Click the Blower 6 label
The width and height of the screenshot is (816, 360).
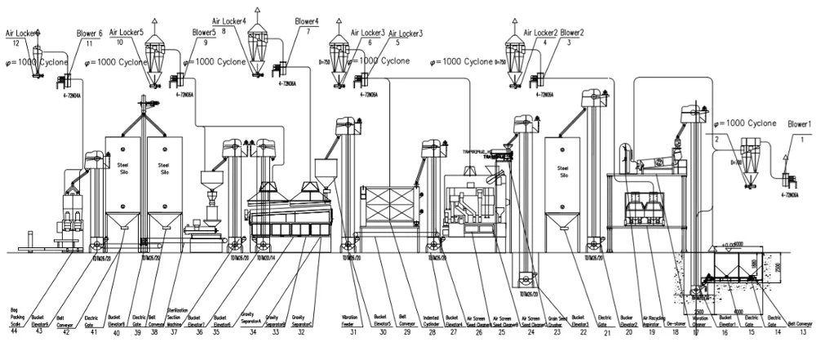[89, 33]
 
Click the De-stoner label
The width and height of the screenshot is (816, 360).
[675, 323]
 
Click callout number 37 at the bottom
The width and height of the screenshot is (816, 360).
[173, 331]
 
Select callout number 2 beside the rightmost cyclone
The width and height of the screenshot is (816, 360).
[717, 140]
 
